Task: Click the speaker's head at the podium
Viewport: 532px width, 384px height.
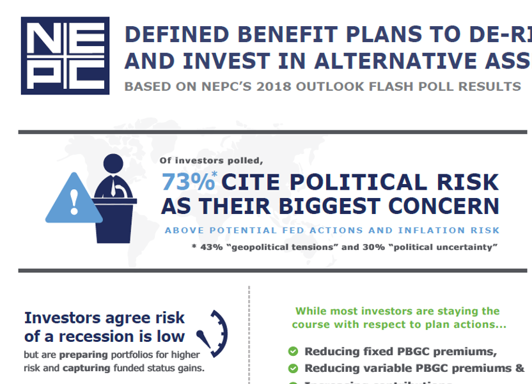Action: point(114,165)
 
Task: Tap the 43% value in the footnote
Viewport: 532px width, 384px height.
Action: point(210,247)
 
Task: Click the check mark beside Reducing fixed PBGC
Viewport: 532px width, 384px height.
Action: point(293,351)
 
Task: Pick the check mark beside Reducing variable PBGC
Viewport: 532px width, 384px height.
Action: point(293,368)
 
